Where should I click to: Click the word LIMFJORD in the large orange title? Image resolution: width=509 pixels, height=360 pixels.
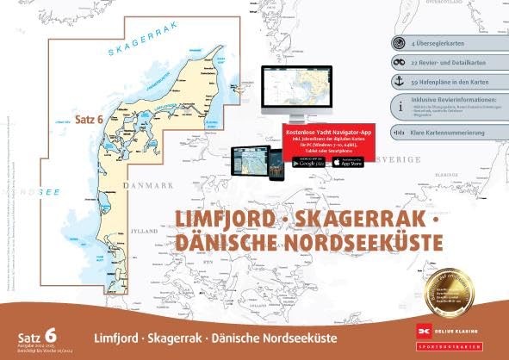click(x=224, y=220)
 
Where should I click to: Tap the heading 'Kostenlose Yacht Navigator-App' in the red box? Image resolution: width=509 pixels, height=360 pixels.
click(x=320, y=128)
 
